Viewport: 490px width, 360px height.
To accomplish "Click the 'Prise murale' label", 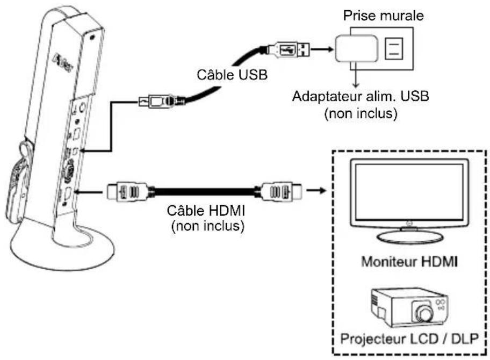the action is [383, 15].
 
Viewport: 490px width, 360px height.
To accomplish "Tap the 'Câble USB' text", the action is [232, 75].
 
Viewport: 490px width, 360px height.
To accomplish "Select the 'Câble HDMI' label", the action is [206, 211].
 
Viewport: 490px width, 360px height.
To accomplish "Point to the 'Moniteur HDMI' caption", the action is [409, 261].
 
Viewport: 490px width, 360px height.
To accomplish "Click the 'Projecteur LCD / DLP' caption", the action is [409, 339].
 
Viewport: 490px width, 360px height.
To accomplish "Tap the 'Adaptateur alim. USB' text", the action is [361, 96].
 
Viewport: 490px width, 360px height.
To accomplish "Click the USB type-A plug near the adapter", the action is [289, 49].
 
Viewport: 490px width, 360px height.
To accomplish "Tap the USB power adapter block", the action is [357, 48].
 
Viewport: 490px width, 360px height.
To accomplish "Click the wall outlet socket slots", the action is [394, 48].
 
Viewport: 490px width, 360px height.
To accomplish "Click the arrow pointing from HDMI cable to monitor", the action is [316, 190].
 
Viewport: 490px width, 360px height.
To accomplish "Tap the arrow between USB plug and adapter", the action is [322, 49].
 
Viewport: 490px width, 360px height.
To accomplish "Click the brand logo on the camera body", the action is [63, 62].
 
